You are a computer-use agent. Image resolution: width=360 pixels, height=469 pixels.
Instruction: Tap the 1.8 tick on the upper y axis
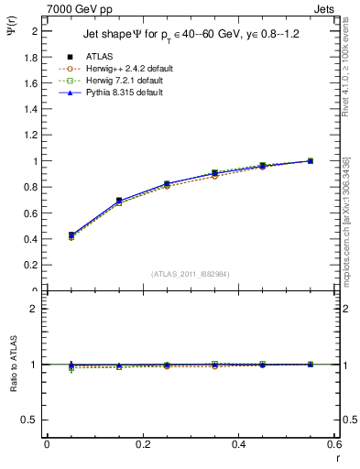coord(33,57)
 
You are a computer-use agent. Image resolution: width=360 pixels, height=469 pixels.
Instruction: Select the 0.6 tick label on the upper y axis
coord(33,213)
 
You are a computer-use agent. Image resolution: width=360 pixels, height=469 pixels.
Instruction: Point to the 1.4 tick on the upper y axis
coord(33,109)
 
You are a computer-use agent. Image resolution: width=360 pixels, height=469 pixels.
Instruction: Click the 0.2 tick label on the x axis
coord(142,444)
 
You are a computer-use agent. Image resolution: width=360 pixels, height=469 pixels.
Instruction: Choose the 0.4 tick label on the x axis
coord(238,444)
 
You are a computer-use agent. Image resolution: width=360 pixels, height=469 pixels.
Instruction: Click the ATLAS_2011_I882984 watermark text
coord(190,275)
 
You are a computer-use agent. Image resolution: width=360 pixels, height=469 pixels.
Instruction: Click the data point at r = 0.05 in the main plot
coord(71,235)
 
